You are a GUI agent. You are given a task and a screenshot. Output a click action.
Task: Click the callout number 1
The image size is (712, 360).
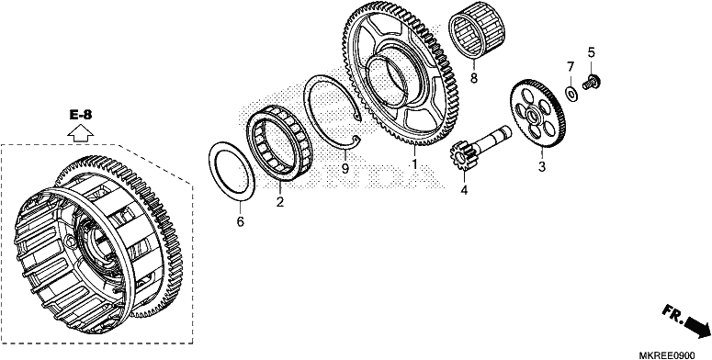click(x=413, y=163)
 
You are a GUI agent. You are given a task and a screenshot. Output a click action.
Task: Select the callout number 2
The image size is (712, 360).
click(x=280, y=202)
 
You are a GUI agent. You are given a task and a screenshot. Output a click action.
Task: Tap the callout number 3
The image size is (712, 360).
click(x=541, y=166)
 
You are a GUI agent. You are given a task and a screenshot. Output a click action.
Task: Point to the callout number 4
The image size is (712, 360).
click(x=464, y=190)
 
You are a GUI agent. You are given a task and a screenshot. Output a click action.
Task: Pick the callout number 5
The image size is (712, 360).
click(x=591, y=52)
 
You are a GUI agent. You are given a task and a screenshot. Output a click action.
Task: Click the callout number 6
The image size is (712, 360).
click(x=240, y=221)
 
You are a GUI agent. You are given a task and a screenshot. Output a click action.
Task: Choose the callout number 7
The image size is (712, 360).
click(x=571, y=67)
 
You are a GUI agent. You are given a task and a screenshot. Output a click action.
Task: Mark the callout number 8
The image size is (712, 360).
click(x=474, y=78)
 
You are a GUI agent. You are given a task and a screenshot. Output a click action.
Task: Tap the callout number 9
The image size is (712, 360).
click(x=345, y=169)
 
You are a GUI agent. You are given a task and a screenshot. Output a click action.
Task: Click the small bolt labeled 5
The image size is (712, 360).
click(x=592, y=83)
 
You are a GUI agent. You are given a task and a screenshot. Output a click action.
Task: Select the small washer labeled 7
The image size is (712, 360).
click(x=571, y=93)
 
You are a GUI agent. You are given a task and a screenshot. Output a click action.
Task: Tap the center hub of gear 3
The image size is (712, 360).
click(x=535, y=110)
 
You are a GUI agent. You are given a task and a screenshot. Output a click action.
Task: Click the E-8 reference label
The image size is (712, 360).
click(x=81, y=116)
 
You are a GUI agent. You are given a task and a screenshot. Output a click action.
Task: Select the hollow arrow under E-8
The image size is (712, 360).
click(x=80, y=133)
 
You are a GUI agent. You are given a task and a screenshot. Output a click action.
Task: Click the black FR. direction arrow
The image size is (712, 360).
click(x=697, y=326)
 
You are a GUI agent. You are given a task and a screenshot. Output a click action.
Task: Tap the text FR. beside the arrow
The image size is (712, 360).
click(x=672, y=314)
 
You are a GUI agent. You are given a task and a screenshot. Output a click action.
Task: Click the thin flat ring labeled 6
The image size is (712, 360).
click(x=232, y=170)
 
